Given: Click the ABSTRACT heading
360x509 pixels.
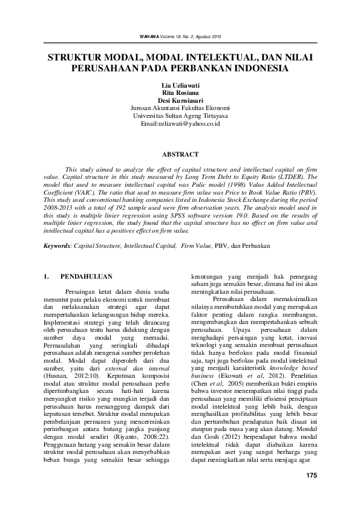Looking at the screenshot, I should click(180, 154).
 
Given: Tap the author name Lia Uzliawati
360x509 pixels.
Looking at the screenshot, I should click(180, 86).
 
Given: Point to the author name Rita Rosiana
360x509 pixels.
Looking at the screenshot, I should click(180, 94).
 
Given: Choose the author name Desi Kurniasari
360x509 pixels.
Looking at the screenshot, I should click(180, 101).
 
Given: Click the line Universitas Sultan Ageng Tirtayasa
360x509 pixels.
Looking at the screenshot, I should click(180, 115).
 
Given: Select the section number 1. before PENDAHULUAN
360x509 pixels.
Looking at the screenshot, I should click(47, 277).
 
